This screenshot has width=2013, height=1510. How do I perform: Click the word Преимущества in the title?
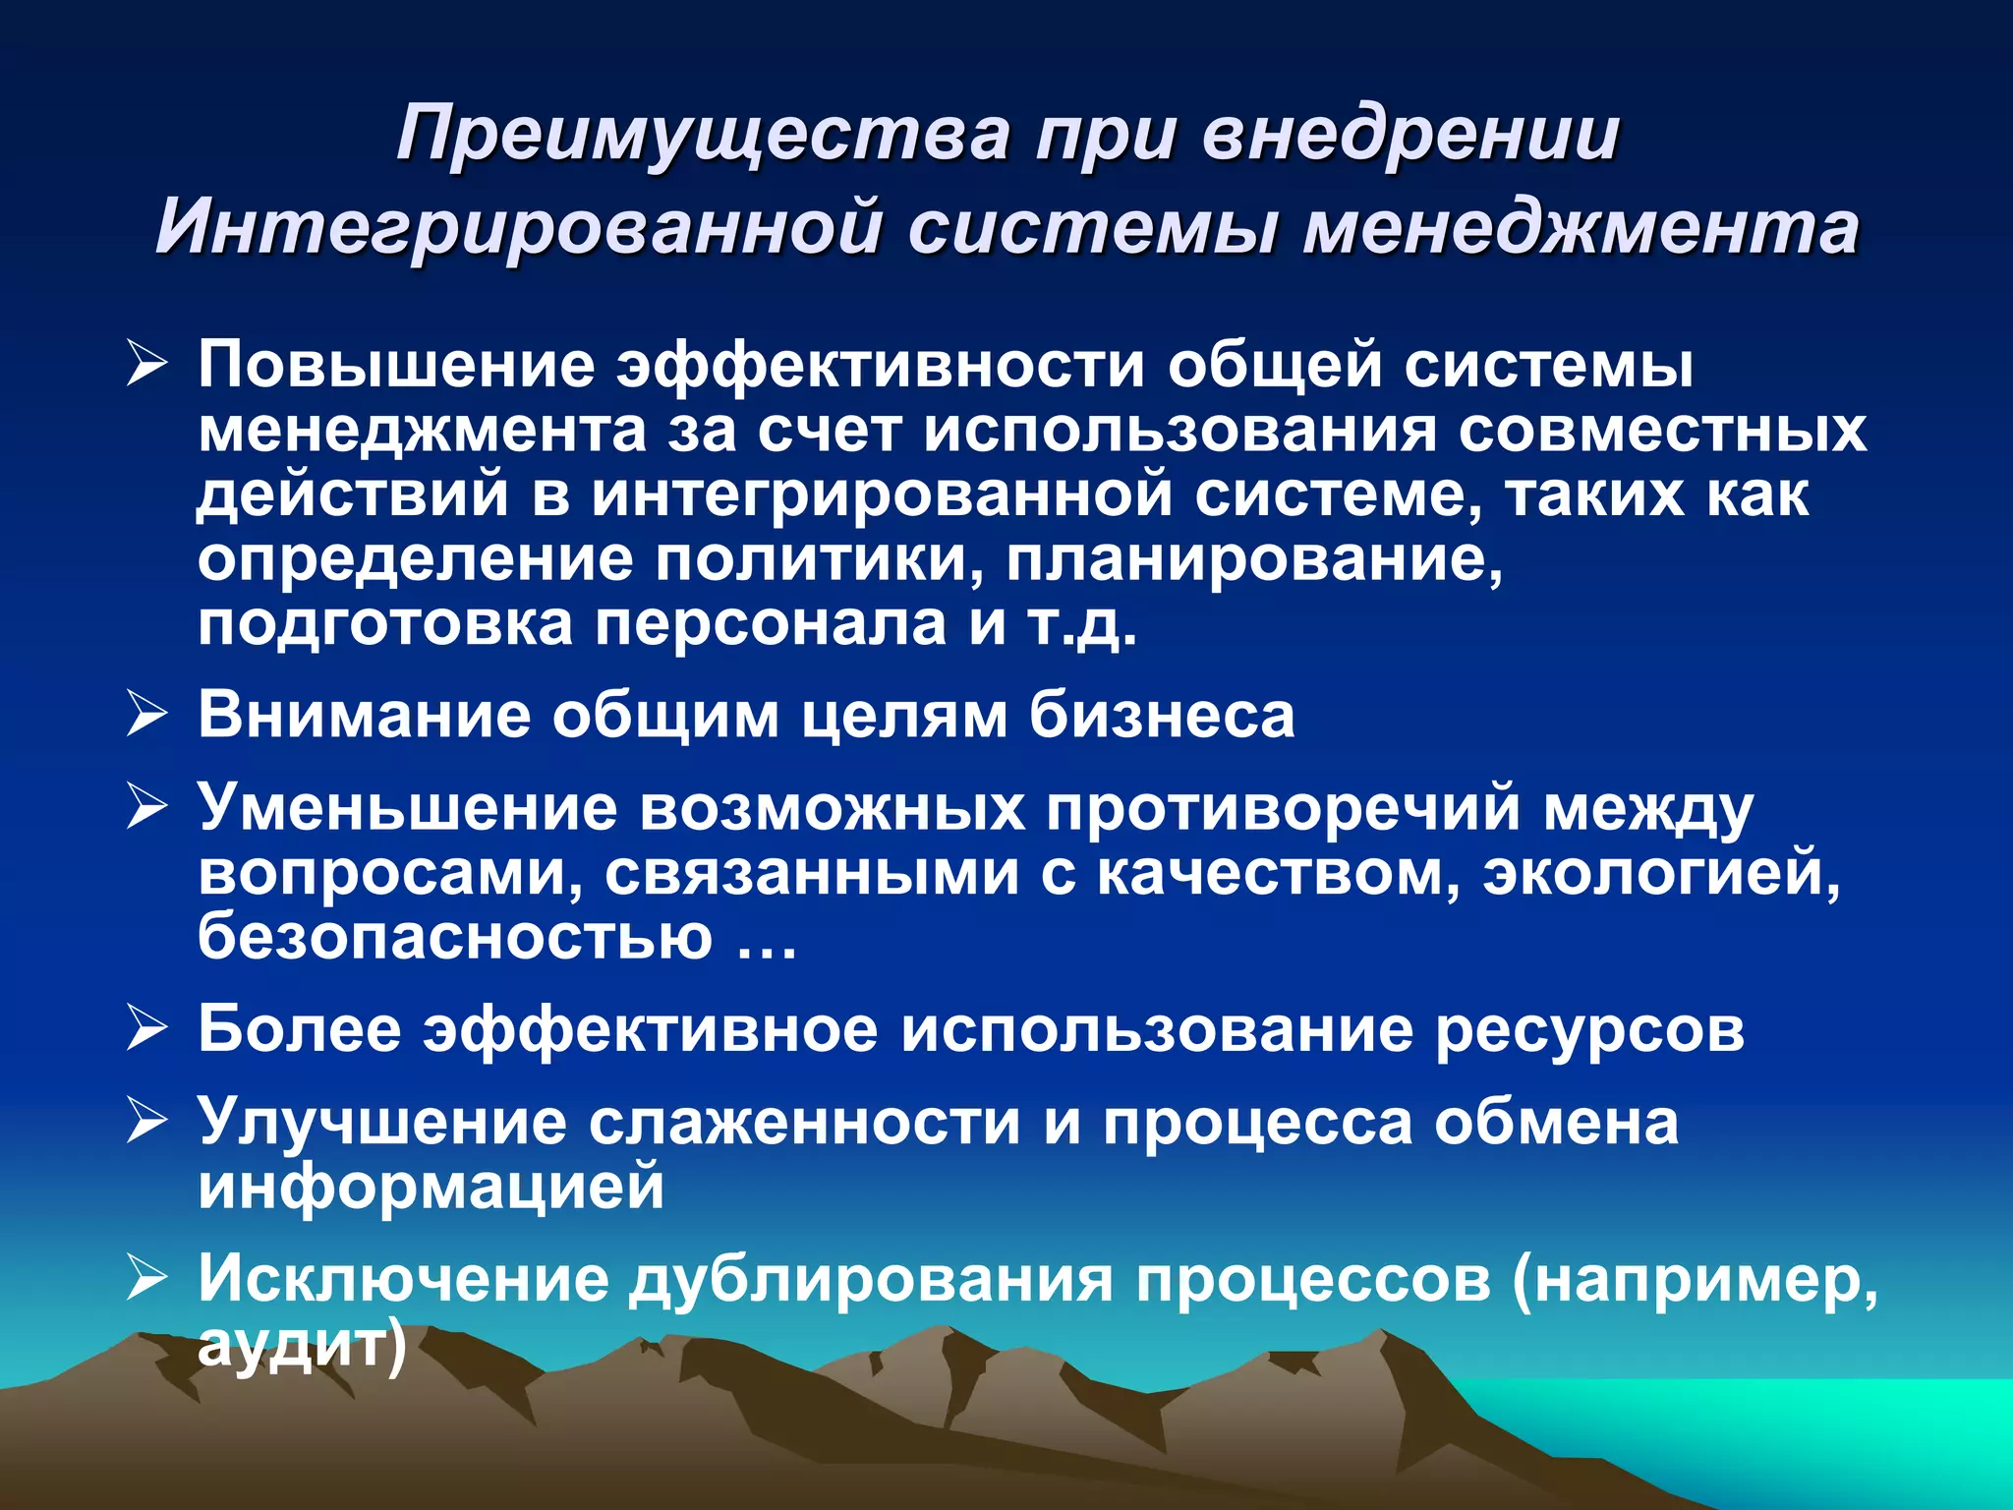point(703,135)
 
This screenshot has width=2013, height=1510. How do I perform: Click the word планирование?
point(1254,559)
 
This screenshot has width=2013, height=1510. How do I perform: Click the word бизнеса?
point(1162,716)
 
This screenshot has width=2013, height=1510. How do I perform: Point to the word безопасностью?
point(455,937)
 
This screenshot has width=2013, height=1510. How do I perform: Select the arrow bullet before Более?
point(146,1030)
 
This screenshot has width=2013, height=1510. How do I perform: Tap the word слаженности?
point(805,1123)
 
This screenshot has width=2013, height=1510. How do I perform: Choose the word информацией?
point(431,1187)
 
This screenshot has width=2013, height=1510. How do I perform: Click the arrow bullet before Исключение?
point(146,1280)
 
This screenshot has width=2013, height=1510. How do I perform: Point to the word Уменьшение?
point(408,809)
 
